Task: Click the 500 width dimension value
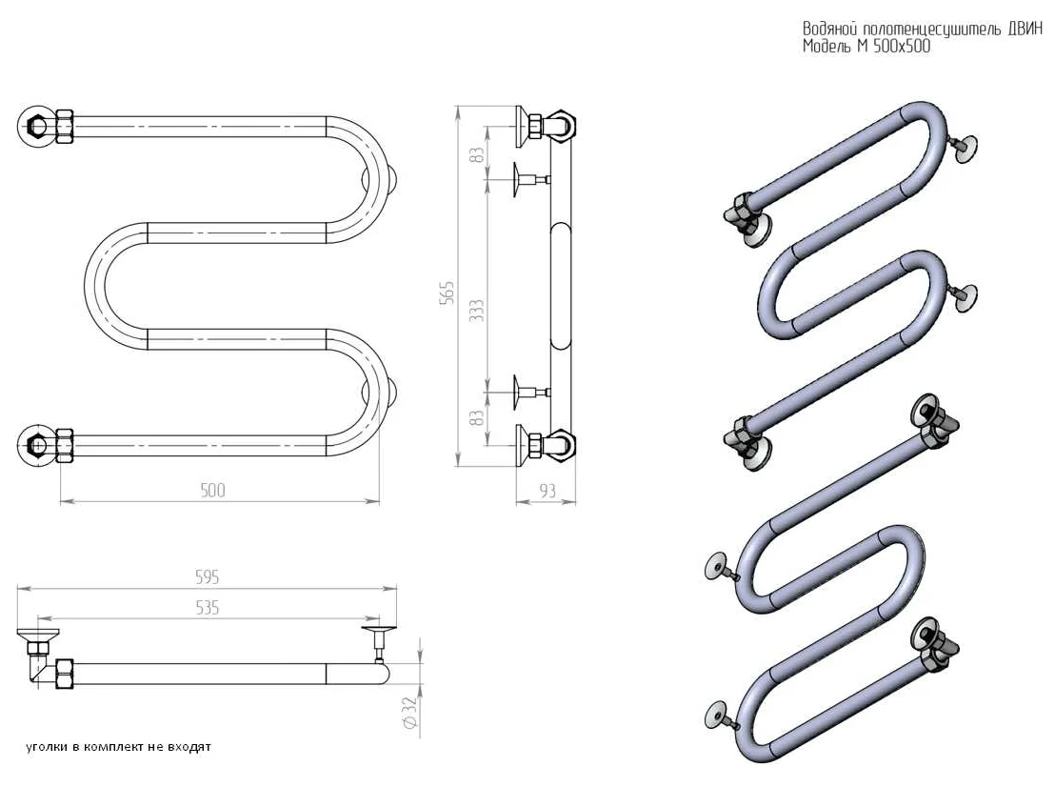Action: [x=212, y=490]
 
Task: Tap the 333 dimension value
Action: [x=478, y=311]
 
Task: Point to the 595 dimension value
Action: [x=207, y=577]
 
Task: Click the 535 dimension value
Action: [x=207, y=607]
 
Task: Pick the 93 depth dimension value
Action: [x=547, y=491]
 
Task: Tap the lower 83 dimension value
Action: [x=478, y=415]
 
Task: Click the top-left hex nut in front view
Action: [x=38, y=126]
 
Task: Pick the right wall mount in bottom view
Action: [x=379, y=636]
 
